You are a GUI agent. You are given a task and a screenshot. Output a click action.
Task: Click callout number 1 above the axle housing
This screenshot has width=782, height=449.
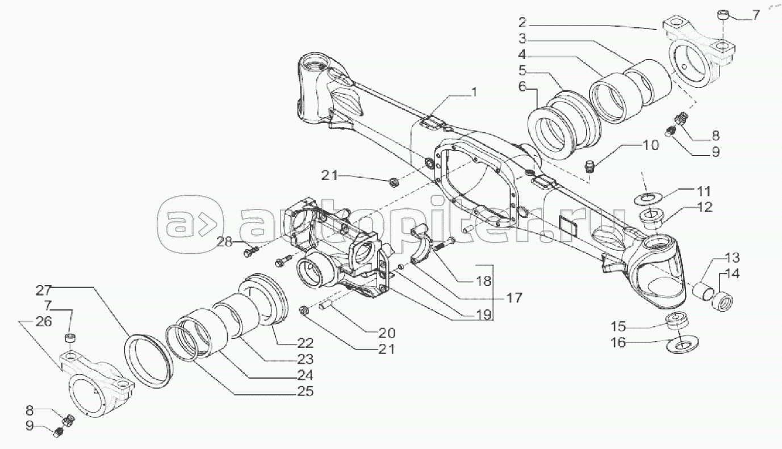474,93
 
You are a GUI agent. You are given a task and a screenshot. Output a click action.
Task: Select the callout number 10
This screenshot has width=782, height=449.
650,145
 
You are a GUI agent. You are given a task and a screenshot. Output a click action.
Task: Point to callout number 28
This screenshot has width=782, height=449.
225,241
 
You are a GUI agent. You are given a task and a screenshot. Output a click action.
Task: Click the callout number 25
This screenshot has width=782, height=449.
305,391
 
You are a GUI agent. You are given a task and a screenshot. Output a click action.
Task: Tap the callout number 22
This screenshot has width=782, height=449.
306,343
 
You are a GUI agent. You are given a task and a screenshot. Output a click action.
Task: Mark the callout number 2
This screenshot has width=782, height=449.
522,23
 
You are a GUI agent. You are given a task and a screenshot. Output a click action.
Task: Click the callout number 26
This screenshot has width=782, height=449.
44,321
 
